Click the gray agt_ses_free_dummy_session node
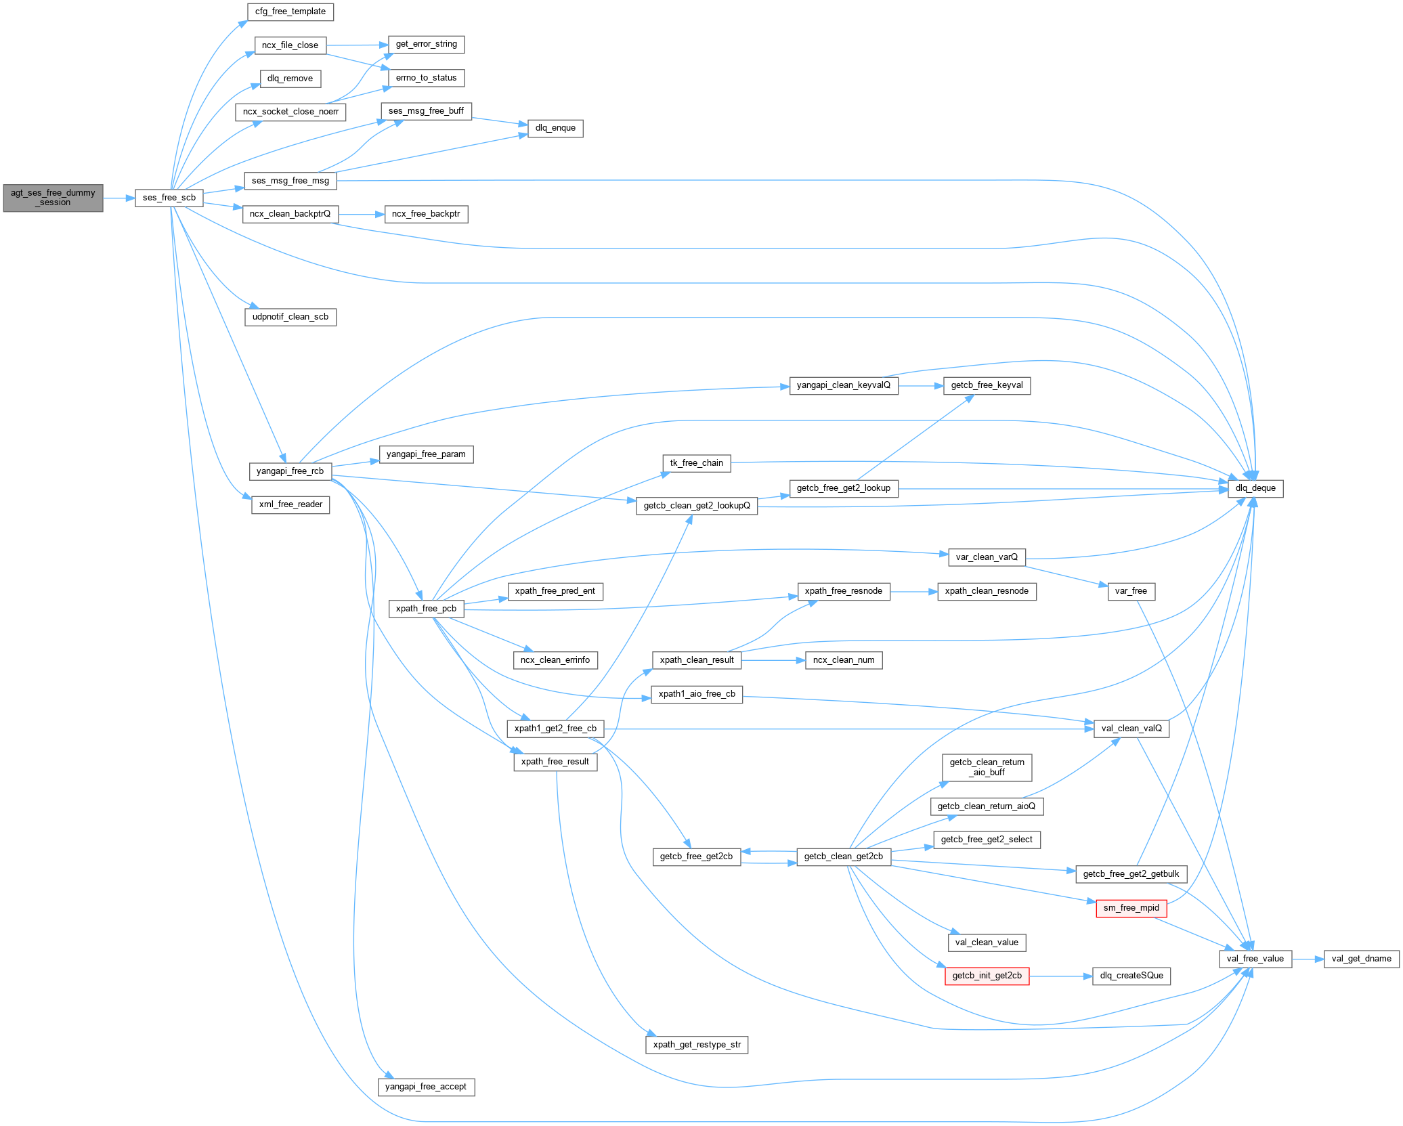coord(53,198)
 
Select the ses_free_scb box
coord(169,198)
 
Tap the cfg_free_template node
coord(290,12)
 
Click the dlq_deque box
coord(1255,488)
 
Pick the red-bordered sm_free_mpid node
coord(1131,908)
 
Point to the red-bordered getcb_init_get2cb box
coord(987,976)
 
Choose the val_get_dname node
coord(1361,959)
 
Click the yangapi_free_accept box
coord(425,1087)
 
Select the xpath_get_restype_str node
coord(697,1045)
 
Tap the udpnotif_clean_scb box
coord(290,317)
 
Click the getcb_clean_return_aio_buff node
coord(987,767)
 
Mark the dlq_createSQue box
coord(1131,976)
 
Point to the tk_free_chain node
coord(696,463)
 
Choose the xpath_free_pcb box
coord(426,609)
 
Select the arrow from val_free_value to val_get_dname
coord(1308,959)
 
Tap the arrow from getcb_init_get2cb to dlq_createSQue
coord(1060,976)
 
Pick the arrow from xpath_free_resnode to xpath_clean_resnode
coord(913,591)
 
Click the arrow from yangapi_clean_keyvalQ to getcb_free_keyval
coord(921,385)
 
